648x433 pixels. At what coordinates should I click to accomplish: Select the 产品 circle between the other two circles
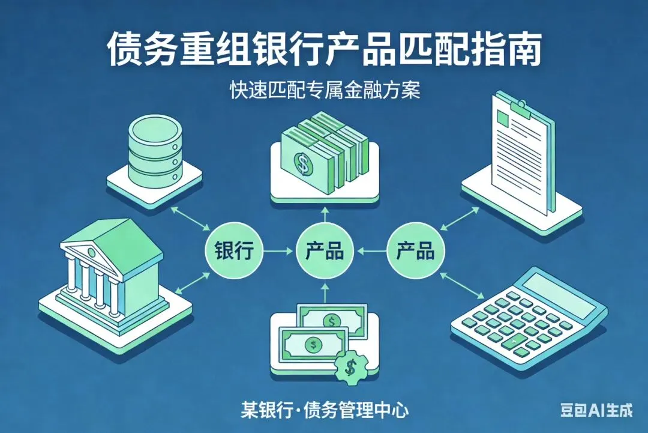coord(324,250)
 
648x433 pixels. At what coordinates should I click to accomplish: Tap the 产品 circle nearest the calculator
coord(415,250)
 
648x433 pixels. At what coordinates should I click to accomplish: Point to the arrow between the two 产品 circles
coord(371,250)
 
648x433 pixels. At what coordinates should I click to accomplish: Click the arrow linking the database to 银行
coord(191,218)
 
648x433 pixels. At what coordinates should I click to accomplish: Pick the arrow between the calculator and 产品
coord(462,285)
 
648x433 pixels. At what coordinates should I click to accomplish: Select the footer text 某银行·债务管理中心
coord(324,411)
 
